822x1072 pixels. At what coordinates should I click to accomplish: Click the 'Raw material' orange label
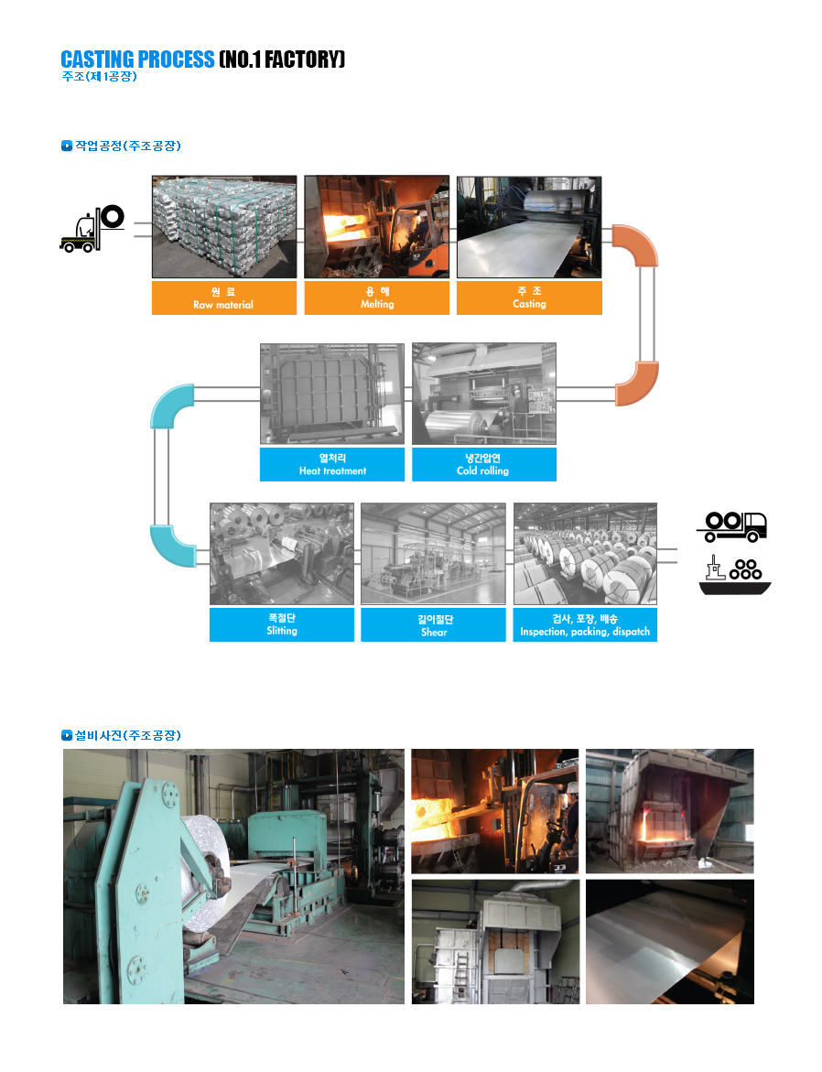pyautogui.click(x=224, y=298)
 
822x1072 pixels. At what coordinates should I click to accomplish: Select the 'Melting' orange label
pyautogui.click(x=377, y=298)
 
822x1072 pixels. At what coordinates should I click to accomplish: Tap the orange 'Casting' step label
pyautogui.click(x=529, y=298)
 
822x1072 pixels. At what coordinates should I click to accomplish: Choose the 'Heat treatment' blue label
pyautogui.click(x=332, y=465)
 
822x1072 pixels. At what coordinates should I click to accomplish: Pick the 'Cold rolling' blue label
pyautogui.click(x=484, y=465)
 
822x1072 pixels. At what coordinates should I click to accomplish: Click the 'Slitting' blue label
pyautogui.click(x=282, y=625)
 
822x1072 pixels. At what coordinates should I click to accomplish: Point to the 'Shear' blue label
pyautogui.click(x=434, y=625)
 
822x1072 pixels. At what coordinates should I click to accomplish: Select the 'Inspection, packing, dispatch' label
pyautogui.click(x=586, y=625)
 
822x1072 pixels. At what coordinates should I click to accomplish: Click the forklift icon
pyautogui.click(x=92, y=229)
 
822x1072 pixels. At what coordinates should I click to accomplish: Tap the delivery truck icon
pyautogui.click(x=731, y=526)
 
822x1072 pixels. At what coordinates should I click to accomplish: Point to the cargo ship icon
pyautogui.click(x=734, y=576)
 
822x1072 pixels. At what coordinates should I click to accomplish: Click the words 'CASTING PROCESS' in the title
pyautogui.click(x=137, y=60)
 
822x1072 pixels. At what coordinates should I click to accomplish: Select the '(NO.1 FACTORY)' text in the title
pyautogui.click(x=282, y=60)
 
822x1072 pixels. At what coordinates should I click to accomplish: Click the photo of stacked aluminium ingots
pyautogui.click(x=224, y=227)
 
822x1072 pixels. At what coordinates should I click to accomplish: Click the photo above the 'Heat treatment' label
pyautogui.click(x=332, y=394)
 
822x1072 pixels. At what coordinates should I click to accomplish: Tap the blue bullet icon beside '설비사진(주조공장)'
pyautogui.click(x=66, y=736)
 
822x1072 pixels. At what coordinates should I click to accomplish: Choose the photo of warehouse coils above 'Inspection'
pyautogui.click(x=586, y=554)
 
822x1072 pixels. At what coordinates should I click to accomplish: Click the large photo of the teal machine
pyautogui.click(x=234, y=876)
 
